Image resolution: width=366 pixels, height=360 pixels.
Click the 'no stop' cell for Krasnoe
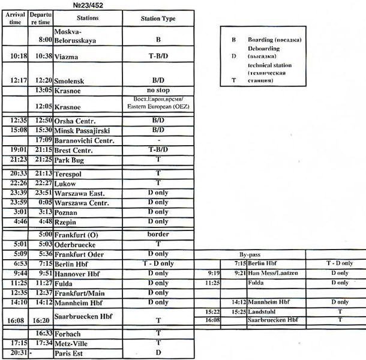(x=158, y=91)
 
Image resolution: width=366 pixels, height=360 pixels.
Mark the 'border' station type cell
(x=158, y=235)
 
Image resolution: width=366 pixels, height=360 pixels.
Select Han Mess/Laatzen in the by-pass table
(x=272, y=273)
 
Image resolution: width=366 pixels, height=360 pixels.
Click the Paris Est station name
(x=71, y=353)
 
